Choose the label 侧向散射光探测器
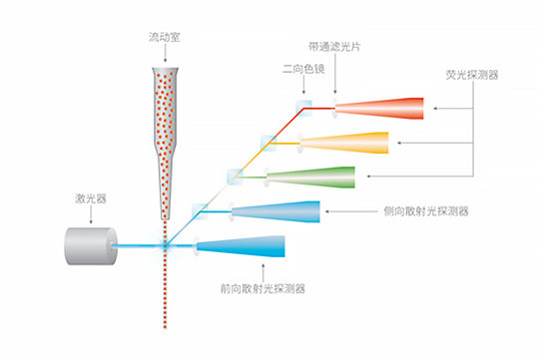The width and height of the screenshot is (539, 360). (x=426, y=212)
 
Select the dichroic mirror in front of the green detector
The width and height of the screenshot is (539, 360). (x=235, y=176)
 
